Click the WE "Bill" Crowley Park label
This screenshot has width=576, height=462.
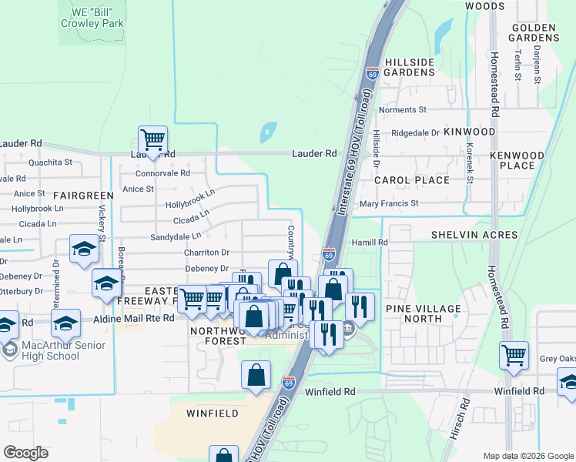tap(92, 18)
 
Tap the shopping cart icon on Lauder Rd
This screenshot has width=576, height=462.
tap(152, 141)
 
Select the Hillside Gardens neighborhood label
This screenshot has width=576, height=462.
tap(410, 67)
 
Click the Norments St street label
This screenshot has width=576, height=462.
tap(402, 110)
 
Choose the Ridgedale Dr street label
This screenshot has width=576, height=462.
tap(415, 132)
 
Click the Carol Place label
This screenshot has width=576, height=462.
tap(411, 180)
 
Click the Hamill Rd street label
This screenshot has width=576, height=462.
tap(372, 242)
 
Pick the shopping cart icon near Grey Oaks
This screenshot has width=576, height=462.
tap(514, 356)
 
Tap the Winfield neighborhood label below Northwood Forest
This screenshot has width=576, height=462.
tap(212, 413)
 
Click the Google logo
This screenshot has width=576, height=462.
tap(25, 453)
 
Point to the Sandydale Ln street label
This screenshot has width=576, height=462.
tap(175, 236)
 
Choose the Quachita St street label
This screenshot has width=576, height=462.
tap(50, 162)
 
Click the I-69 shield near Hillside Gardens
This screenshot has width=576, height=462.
tap(373, 73)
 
